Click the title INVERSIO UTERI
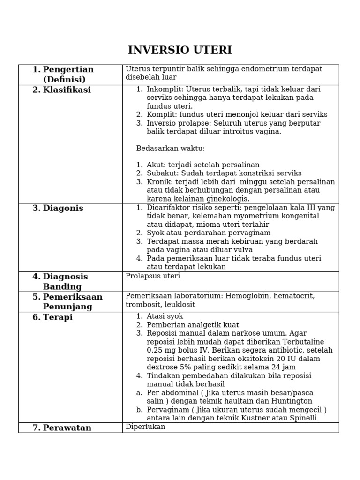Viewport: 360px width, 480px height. [x=180, y=51]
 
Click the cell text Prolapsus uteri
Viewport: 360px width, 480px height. [x=153, y=276]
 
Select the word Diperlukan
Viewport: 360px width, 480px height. [x=145, y=427]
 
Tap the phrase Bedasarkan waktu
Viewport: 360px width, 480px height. [x=171, y=149]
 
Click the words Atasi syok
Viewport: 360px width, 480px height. [x=165, y=316]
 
